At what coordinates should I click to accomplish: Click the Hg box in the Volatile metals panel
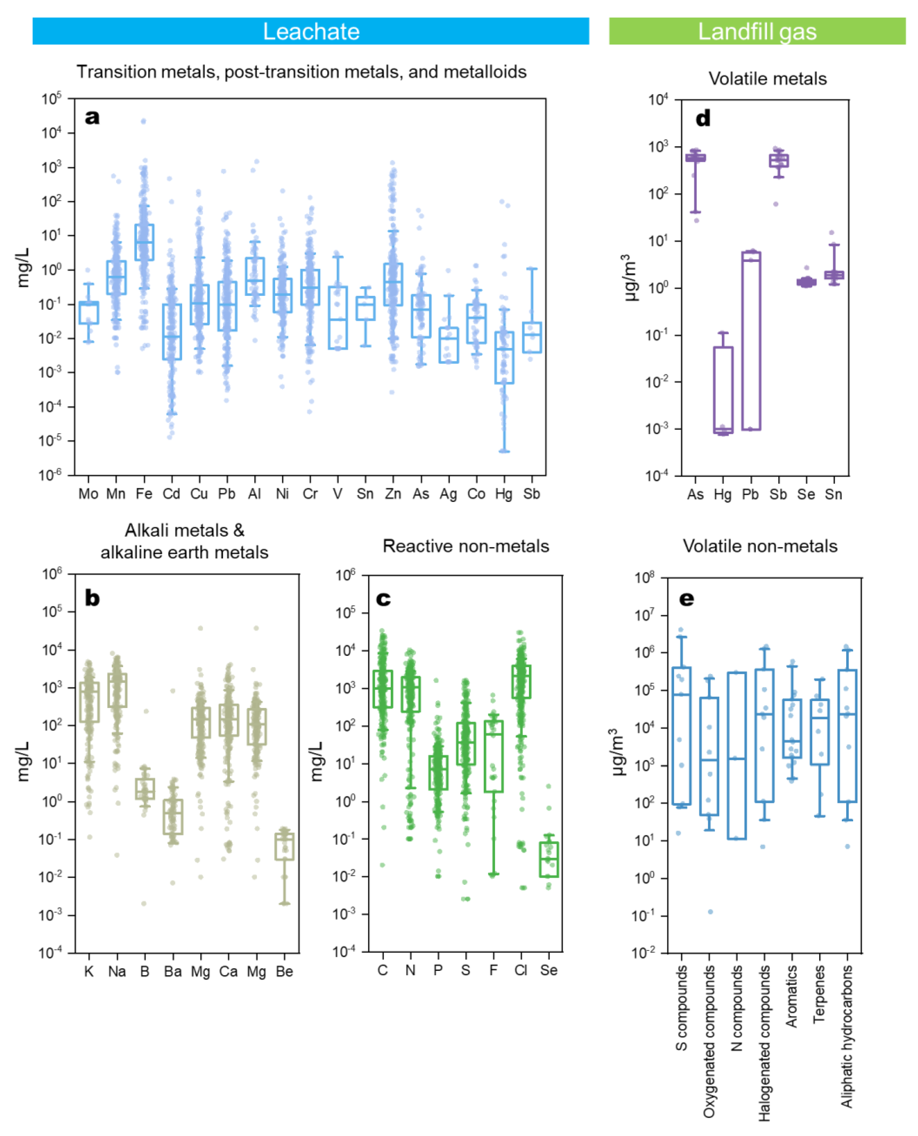coord(723,390)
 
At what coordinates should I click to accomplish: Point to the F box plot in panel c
coord(493,756)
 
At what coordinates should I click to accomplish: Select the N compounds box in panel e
coord(737,756)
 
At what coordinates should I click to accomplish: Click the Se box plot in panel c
coord(549,859)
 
